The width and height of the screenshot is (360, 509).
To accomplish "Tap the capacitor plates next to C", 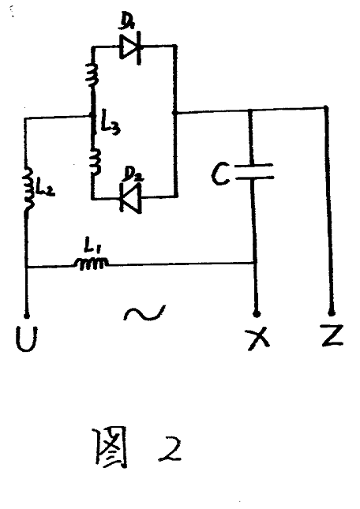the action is pyautogui.click(x=254, y=172).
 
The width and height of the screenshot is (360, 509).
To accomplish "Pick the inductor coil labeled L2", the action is pyautogui.click(x=28, y=189).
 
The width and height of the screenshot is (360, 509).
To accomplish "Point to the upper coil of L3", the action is pyautogui.click(x=92, y=75).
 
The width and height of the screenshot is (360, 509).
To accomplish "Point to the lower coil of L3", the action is pyautogui.click(x=95, y=162).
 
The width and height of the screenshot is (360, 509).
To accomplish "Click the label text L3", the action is pyautogui.click(x=110, y=125).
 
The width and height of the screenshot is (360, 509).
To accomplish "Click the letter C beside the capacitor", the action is pyautogui.click(x=220, y=174).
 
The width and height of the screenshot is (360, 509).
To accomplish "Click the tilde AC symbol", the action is pyautogui.click(x=144, y=313).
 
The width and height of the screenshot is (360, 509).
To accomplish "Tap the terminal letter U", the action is pyautogui.click(x=26, y=339).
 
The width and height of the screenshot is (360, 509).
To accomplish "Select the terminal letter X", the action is pyautogui.click(x=258, y=339).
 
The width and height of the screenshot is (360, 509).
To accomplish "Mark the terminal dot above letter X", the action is pyautogui.click(x=257, y=314).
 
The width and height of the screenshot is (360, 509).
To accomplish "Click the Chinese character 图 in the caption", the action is pyautogui.click(x=111, y=447).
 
